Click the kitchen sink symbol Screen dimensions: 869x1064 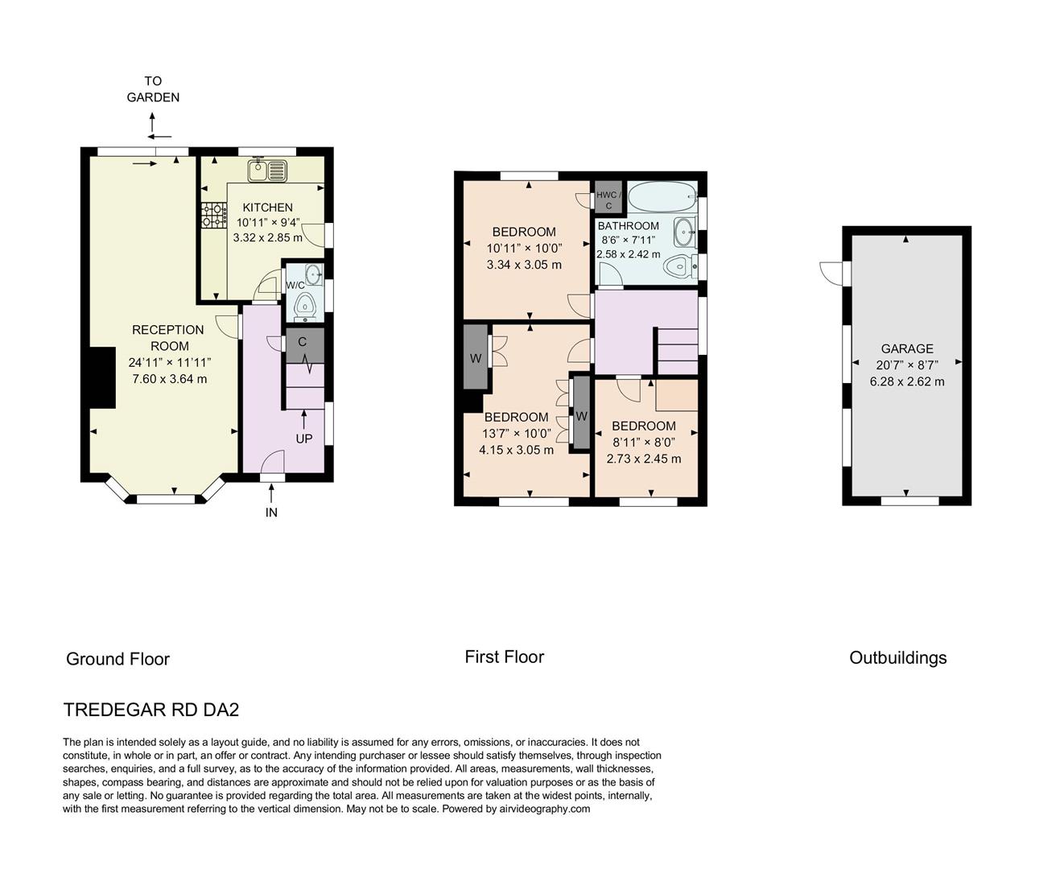tap(267, 171)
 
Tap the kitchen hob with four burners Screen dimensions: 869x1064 tap(212, 215)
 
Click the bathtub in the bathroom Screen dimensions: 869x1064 tap(662, 195)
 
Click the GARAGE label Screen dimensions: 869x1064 tap(907, 348)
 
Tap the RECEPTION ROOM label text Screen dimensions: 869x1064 tap(167, 338)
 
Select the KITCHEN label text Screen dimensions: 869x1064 tap(267, 208)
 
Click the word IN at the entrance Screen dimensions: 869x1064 tap(271, 513)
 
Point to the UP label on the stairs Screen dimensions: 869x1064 tap(303, 439)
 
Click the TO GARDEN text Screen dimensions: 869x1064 tap(153, 89)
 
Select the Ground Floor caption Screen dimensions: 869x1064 tap(118, 659)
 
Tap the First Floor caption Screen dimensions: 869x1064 tap(504, 657)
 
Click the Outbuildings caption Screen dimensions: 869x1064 tap(897, 657)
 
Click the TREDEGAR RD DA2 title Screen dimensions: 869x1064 tap(151, 710)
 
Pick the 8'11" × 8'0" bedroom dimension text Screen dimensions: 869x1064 tap(643, 442)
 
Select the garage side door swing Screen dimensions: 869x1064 tap(831, 272)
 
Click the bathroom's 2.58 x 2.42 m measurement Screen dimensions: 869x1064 tap(628, 253)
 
